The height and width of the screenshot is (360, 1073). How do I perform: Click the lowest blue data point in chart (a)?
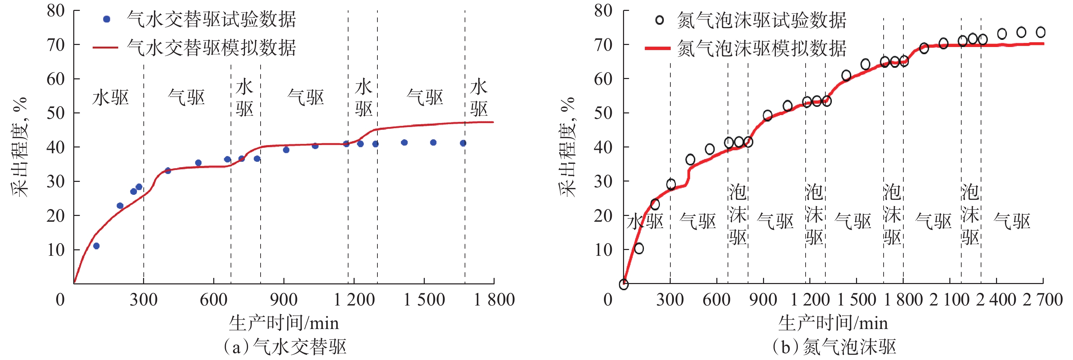(96, 246)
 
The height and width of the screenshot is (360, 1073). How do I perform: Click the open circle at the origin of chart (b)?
(624, 284)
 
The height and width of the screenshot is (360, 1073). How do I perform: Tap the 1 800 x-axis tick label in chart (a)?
(494, 300)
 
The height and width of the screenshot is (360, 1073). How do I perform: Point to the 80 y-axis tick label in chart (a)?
(56, 11)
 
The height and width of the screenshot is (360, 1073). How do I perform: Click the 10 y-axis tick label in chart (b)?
(603, 250)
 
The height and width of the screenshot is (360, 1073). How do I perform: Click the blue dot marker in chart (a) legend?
(107, 19)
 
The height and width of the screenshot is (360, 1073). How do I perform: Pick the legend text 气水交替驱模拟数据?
(211, 47)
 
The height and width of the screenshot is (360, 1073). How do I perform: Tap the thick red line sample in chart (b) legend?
(657, 48)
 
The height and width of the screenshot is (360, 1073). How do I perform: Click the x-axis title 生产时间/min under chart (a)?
(284, 323)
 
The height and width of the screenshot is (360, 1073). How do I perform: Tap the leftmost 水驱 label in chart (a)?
(110, 97)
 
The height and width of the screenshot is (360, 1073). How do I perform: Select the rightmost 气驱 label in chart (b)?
(1012, 221)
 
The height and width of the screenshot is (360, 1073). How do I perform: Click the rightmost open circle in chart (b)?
(1041, 32)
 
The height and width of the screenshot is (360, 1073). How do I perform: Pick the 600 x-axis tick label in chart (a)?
(214, 300)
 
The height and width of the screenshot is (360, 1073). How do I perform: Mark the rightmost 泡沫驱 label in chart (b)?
(970, 215)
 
